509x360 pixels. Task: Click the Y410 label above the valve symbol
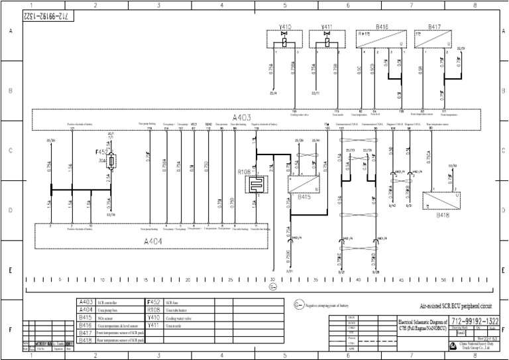pyautogui.click(x=284, y=27)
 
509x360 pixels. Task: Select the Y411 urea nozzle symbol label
pyautogui.click(x=326, y=27)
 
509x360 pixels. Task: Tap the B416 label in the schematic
pyautogui.click(x=382, y=27)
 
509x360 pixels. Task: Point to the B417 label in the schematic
pyautogui.click(x=434, y=27)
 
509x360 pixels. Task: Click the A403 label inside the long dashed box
pyautogui.click(x=241, y=117)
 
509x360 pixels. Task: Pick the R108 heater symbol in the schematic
pyautogui.click(x=257, y=184)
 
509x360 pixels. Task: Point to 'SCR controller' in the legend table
pyautogui.click(x=109, y=302)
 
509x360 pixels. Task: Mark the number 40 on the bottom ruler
pyautogui.click(x=359, y=280)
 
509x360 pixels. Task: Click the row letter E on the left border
pyautogui.click(x=11, y=270)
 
